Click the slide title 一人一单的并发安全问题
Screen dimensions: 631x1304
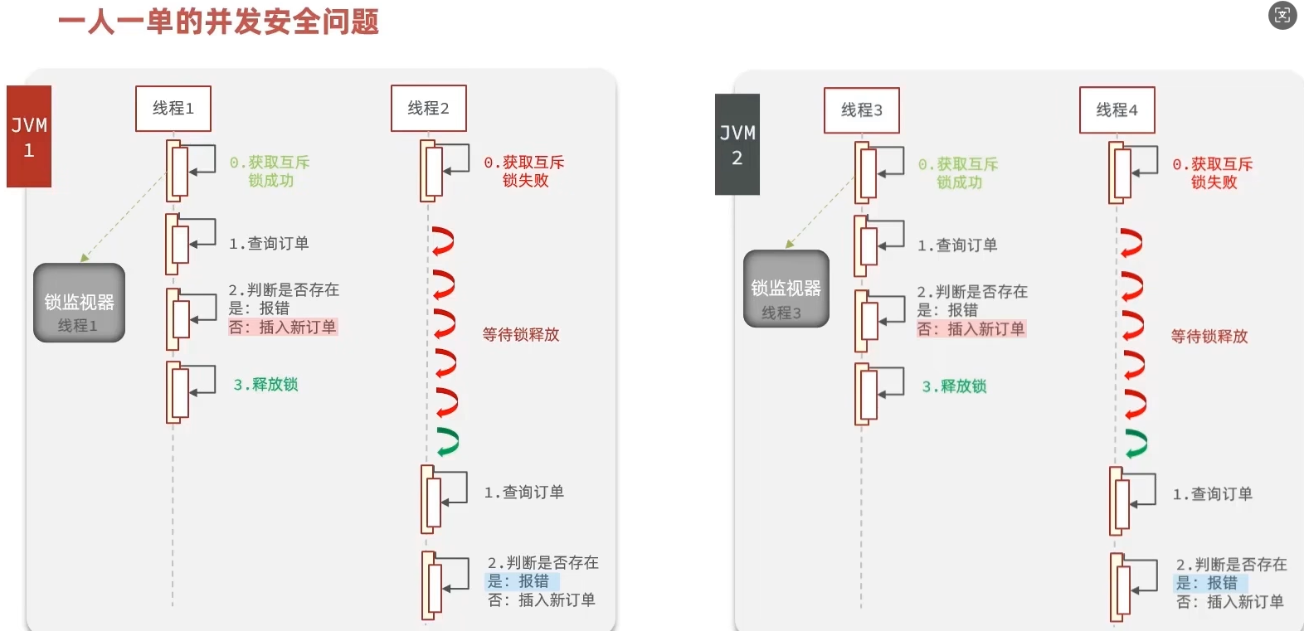point(218,22)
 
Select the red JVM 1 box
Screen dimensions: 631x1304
point(29,137)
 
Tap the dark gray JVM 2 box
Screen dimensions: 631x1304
point(737,145)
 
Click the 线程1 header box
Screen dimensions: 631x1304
point(173,109)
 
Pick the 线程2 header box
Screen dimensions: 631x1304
point(428,109)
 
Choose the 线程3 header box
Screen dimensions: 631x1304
point(861,110)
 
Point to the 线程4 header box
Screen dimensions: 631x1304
point(1117,110)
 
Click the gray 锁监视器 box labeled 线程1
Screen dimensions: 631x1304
point(79,303)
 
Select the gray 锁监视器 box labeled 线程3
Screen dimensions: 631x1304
point(786,289)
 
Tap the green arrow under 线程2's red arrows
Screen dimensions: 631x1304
point(447,442)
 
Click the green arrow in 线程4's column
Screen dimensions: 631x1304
point(1136,444)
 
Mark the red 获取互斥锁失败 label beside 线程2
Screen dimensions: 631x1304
point(524,172)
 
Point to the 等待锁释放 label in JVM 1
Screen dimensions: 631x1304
point(521,335)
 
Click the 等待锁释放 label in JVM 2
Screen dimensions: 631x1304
point(1209,337)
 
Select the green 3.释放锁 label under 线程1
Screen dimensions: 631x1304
point(265,385)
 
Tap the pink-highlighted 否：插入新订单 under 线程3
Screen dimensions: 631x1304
point(971,329)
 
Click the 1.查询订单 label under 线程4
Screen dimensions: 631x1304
point(1212,494)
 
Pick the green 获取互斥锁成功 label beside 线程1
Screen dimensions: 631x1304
point(270,172)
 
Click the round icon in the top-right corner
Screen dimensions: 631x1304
point(1282,16)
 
